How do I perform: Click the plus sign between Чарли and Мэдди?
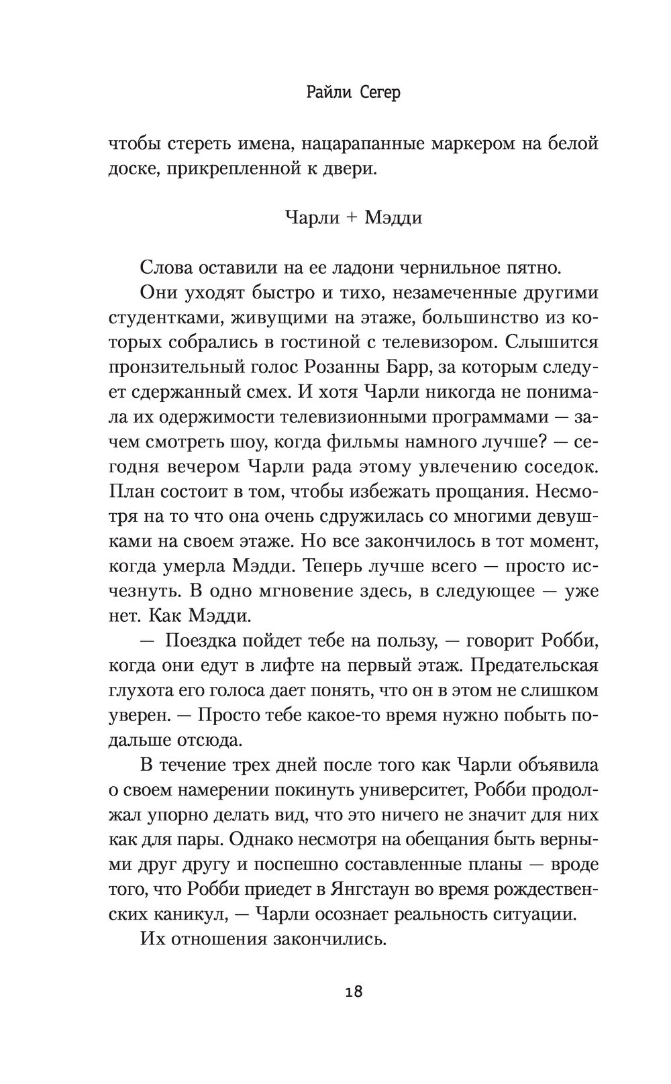pos(347,218)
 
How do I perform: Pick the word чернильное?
pos(432,268)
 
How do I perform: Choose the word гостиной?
pos(328,342)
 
